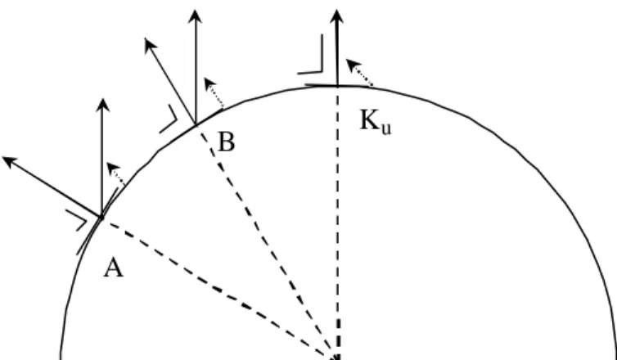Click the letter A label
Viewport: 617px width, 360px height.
113,268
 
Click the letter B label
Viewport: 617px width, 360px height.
227,142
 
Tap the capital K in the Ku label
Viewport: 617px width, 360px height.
370,119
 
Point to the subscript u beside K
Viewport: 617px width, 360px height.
386,128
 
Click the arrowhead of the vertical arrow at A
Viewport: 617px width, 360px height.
103,105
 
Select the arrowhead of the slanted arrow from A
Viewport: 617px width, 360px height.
10,160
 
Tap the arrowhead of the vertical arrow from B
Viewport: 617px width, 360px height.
196,16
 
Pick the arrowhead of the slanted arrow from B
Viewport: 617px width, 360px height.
150,43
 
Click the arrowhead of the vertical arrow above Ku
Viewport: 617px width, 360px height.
336,16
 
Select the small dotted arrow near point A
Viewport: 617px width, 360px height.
115,173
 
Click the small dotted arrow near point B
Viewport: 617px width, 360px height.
214,92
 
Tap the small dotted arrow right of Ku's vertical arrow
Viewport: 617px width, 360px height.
359,72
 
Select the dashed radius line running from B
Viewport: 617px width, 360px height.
265,241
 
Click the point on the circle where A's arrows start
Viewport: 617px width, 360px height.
101,217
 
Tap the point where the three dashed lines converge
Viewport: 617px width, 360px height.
336,358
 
